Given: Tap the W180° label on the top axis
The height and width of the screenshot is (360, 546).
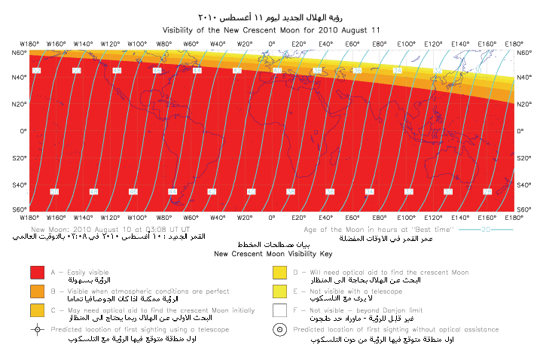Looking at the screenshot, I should (29, 44).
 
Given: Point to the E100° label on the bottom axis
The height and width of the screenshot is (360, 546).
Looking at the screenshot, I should (406, 217).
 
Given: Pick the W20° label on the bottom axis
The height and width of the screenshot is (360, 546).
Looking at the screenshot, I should (245, 217).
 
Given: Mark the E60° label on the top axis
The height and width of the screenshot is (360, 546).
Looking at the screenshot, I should (352, 44).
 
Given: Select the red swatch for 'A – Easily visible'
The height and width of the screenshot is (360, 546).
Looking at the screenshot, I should (37, 273).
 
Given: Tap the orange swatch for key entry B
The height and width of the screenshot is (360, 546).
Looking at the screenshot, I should (37, 291).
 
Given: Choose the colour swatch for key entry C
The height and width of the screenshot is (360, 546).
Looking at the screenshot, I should (37, 310).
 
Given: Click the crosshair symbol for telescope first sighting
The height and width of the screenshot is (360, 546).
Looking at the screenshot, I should (37, 330).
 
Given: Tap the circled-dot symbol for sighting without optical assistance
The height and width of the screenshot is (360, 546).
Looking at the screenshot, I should (279, 330).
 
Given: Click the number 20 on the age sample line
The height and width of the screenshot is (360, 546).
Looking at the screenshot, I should (487, 228).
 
